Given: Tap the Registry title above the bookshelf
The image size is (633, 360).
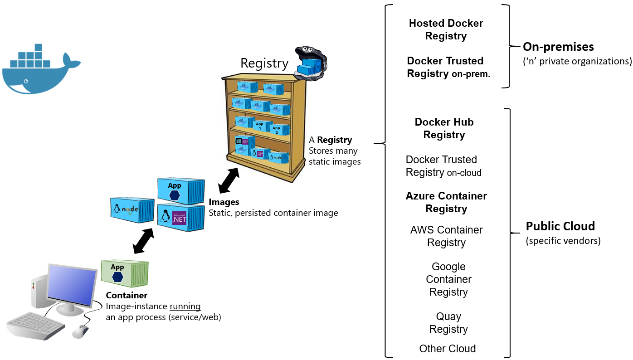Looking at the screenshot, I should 264,63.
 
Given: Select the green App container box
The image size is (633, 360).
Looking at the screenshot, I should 124,273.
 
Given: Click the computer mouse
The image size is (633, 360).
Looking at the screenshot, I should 80,331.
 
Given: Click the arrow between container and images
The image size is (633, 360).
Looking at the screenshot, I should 143,240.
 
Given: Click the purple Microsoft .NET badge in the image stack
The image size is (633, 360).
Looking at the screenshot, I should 179,218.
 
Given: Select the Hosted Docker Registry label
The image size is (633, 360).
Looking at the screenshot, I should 446,29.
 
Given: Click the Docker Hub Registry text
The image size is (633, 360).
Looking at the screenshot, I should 444,128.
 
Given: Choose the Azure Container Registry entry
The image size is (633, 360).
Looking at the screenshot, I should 446,202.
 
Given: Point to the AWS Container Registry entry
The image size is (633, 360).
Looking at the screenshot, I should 446,236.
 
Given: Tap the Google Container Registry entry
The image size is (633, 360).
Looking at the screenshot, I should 448,279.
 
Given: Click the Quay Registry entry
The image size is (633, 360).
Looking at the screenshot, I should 448,323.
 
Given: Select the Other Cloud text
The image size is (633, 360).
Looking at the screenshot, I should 447,349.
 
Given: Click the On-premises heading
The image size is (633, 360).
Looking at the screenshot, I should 558,47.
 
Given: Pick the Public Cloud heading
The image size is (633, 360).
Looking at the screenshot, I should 560,226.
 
